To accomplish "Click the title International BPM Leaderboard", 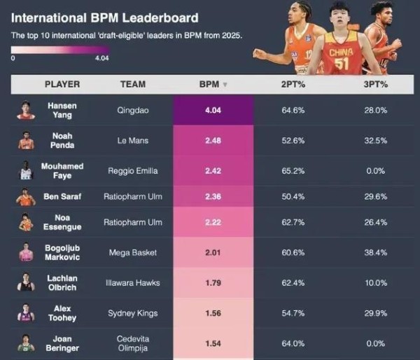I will (x=104, y=18).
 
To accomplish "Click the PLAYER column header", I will (x=62, y=84).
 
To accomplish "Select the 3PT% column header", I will (x=376, y=84).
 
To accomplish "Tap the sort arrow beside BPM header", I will (x=225, y=85).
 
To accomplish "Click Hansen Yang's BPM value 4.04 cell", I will (x=213, y=110).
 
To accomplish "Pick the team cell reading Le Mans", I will (x=133, y=140).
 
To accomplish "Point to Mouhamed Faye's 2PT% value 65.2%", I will (x=293, y=170).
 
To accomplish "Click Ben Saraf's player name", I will (x=61, y=197).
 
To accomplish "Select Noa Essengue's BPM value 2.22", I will (x=213, y=222).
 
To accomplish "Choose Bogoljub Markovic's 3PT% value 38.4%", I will (x=376, y=253).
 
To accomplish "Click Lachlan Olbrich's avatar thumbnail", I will (x=26, y=283).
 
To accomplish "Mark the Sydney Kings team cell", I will (x=133, y=313).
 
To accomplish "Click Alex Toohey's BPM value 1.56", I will (x=213, y=313).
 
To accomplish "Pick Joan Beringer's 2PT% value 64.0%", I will (x=293, y=343).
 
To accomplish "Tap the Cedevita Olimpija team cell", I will (x=133, y=343).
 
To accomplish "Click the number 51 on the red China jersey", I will (x=341, y=64).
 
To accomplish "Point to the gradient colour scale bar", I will (x=59, y=50).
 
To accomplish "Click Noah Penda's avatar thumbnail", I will (x=26, y=140).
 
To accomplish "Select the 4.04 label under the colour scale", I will (x=101, y=58).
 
